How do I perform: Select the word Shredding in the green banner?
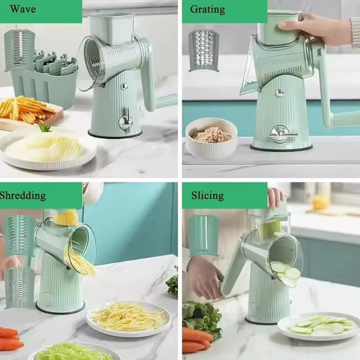coord(22,196)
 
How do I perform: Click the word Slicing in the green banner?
coord(207,196)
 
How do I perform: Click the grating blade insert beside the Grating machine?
coord(204,50)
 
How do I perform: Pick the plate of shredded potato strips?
coord(128,318)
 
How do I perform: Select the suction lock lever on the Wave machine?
coord(126,120)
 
